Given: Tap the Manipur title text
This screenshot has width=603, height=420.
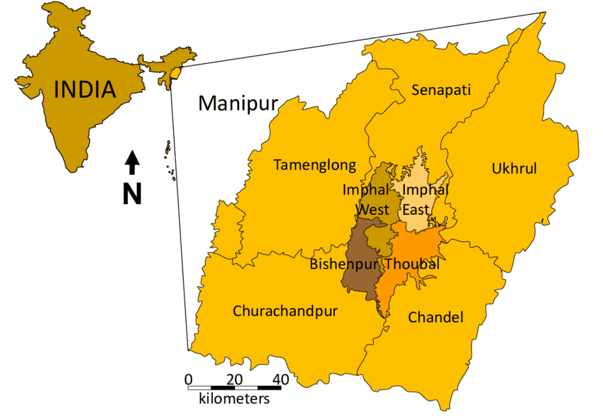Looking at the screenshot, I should tap(238, 103).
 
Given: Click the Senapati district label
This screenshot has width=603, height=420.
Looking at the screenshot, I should tap(441, 90).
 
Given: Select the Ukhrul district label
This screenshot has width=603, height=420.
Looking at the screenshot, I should tap(514, 168).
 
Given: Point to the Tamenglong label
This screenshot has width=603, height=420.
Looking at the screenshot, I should tap(315, 165).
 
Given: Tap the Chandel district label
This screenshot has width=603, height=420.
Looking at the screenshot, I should tap(435, 317).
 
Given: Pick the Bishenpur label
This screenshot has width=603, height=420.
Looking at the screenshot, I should tap(345, 264).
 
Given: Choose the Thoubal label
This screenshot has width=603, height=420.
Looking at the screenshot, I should tap(412, 264).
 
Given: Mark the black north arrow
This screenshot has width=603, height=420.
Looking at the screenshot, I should tap(132, 162).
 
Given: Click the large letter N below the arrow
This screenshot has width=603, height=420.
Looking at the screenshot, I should tap(132, 194).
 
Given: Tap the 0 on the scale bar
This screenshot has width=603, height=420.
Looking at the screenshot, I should tap(188, 378).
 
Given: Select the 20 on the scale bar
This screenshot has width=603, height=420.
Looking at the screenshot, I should tap(235, 378).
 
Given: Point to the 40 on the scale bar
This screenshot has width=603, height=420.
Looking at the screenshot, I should tap(280, 378).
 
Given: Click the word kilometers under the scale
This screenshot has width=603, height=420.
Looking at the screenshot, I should tap(233, 399).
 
